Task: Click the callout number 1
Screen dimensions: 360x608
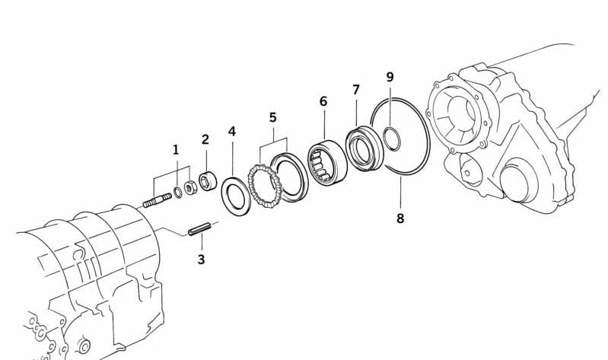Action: click(x=176, y=150)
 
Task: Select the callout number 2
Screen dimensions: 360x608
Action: click(x=205, y=139)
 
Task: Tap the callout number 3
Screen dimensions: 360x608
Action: click(x=201, y=260)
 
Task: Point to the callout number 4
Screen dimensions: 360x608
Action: click(x=232, y=132)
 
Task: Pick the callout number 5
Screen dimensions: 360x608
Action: click(x=272, y=117)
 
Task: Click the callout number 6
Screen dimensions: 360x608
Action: click(x=323, y=101)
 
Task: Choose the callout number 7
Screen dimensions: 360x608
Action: click(x=356, y=90)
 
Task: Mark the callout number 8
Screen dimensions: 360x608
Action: click(x=400, y=218)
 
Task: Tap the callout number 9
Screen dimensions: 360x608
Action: click(x=390, y=77)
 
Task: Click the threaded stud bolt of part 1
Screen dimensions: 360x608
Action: click(x=157, y=201)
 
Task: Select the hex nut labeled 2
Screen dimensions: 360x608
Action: click(x=208, y=183)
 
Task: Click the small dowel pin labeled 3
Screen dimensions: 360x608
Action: click(x=199, y=227)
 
